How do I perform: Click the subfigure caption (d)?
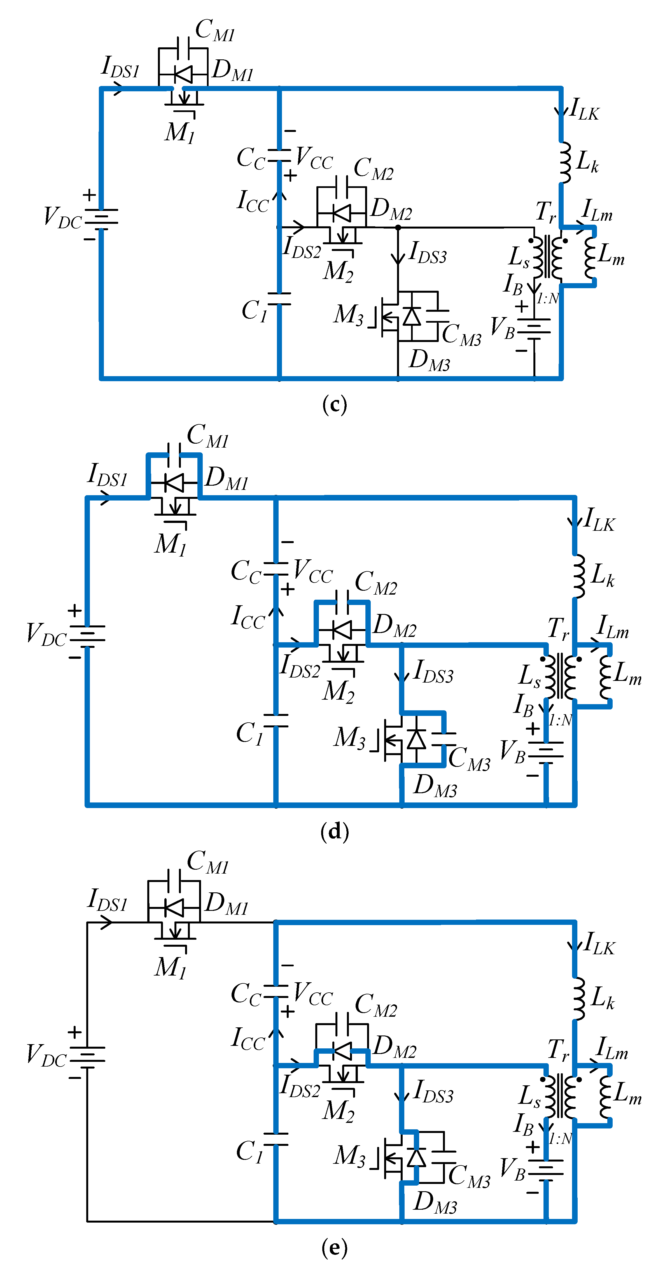pos(335,831)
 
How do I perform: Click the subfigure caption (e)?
pos(335,1247)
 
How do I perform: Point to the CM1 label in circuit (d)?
pos(208,436)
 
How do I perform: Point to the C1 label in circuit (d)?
pos(250,733)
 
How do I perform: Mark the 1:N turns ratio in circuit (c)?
pos(547,298)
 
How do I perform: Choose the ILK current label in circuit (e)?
pos(599,944)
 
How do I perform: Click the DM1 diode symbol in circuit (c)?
pos(183,75)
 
